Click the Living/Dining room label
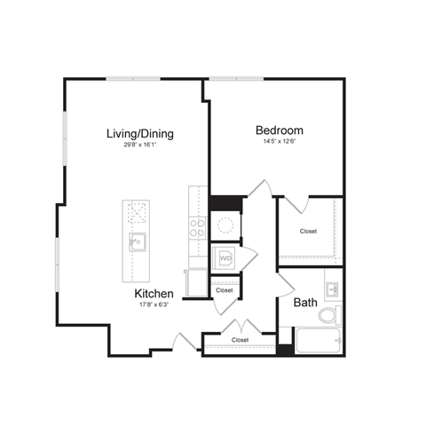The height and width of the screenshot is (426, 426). pyautogui.click(x=139, y=134)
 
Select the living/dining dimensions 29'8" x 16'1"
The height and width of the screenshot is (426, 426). pyautogui.click(x=139, y=146)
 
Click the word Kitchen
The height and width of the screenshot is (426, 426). pyautogui.click(x=154, y=294)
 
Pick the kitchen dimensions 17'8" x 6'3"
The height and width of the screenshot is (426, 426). pyautogui.click(x=154, y=305)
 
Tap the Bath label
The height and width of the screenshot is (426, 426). pyautogui.click(x=306, y=303)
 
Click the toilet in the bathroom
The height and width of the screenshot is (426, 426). pyautogui.click(x=329, y=315)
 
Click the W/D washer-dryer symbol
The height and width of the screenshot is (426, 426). pyautogui.click(x=225, y=259)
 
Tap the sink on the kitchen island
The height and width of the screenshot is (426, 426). pyautogui.click(x=137, y=241)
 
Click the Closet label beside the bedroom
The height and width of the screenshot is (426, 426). pyautogui.click(x=308, y=231)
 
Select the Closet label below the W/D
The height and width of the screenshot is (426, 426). pyautogui.click(x=225, y=290)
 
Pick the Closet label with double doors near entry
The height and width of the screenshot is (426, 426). pyautogui.click(x=240, y=340)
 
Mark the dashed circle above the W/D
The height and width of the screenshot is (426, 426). pyautogui.click(x=225, y=223)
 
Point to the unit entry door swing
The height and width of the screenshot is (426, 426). pyautogui.click(x=184, y=340)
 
